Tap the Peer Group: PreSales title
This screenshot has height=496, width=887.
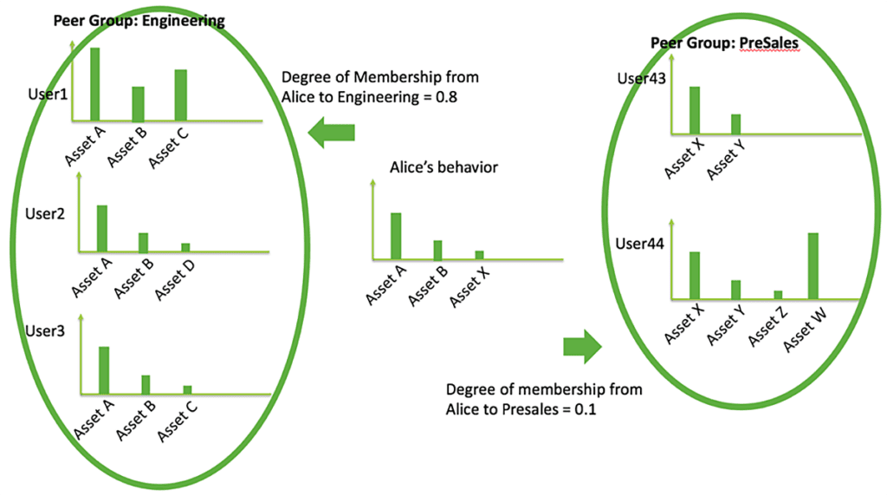point(724,43)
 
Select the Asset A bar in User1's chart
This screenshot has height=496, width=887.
point(94,83)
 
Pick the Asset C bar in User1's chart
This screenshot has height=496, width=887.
point(180,95)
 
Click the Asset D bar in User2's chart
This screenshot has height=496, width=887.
point(185,247)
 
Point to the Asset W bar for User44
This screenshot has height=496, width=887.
point(813,265)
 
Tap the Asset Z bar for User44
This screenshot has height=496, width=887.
point(778,295)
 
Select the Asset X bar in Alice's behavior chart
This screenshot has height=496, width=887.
point(480,255)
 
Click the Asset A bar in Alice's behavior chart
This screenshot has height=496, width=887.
point(396,236)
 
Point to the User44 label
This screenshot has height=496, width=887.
point(640,245)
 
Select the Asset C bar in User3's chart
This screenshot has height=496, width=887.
point(187,389)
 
